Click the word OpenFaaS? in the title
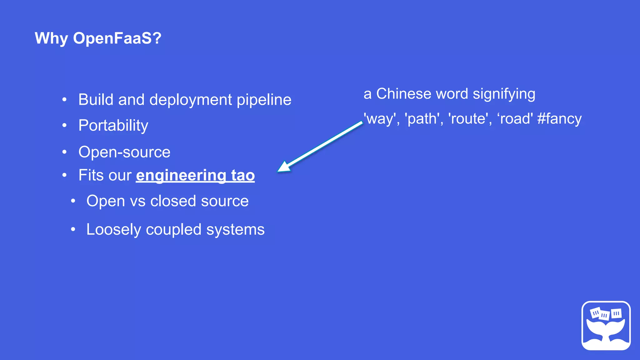(x=117, y=38)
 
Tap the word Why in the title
(x=51, y=38)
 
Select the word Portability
(x=113, y=126)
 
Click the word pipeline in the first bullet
(x=264, y=100)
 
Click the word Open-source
(x=124, y=152)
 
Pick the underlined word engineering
(x=181, y=175)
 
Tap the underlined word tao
(x=243, y=175)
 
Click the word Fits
(x=90, y=175)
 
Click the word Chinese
(x=404, y=94)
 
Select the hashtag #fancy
(x=559, y=119)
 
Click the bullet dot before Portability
(x=64, y=126)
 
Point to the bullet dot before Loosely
(x=73, y=230)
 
